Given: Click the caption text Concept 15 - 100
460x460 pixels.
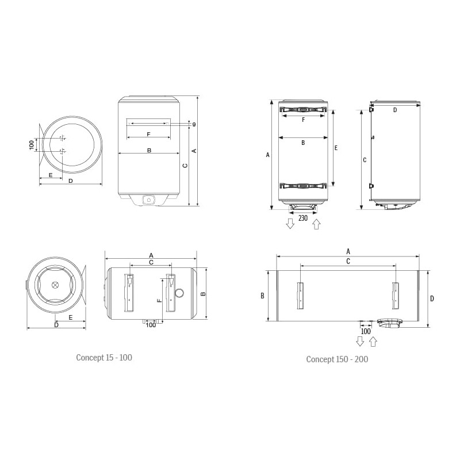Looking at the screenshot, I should click(x=104, y=358).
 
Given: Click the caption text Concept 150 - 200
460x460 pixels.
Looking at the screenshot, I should click(x=337, y=359).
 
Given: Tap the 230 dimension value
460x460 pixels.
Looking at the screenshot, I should click(x=303, y=218).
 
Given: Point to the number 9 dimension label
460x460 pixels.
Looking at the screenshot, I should click(x=194, y=125).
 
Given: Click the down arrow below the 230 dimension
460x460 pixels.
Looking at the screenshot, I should click(x=290, y=224).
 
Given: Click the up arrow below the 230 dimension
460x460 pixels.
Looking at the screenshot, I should click(x=316, y=224).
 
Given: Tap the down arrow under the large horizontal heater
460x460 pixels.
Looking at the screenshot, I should click(x=360, y=342).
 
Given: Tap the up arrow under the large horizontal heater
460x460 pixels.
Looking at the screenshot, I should click(x=373, y=342).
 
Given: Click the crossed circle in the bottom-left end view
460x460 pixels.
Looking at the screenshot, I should click(x=55, y=285).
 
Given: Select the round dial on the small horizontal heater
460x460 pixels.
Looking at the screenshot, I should click(x=179, y=293).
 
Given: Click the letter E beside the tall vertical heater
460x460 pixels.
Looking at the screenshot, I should click(x=336, y=148).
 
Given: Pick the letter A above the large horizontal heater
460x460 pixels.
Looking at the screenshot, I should click(x=348, y=251).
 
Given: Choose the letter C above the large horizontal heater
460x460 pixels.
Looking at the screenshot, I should click(x=348, y=262).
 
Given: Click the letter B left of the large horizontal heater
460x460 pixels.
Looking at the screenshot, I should click(x=262, y=296).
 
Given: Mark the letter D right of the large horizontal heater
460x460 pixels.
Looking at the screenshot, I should click(x=432, y=298).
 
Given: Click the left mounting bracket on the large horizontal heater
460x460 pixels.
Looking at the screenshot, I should click(x=300, y=295).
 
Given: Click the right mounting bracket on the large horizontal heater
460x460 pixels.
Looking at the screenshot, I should click(x=395, y=295).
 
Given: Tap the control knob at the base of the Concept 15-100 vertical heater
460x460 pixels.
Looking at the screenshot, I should click(x=149, y=200).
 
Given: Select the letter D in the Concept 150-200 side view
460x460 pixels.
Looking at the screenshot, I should click(x=395, y=109).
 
